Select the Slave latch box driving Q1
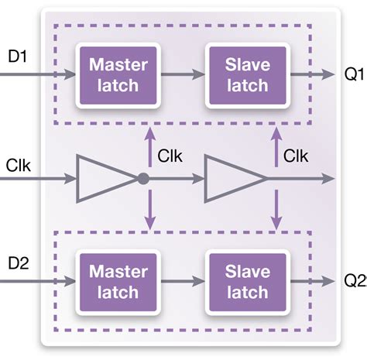pyautogui.click(x=246, y=76)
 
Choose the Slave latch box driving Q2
pyautogui.click(x=246, y=282)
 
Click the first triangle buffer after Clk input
pyautogui.click(x=105, y=179)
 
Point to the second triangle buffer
pyautogui.click(x=232, y=179)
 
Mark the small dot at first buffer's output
pyautogui.click(x=143, y=179)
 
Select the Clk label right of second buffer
pyautogui.click(x=297, y=156)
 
